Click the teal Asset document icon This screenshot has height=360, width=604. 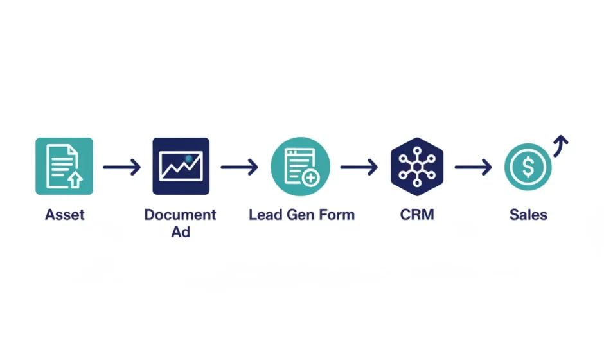click(64, 166)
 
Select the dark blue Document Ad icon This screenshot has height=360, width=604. click(181, 166)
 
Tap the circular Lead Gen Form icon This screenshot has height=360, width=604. click(301, 166)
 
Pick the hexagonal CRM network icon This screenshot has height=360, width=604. click(416, 166)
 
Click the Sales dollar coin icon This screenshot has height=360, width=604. click(528, 167)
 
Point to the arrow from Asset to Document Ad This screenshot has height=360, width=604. click(121, 168)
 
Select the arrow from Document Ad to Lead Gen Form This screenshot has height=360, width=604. click(239, 168)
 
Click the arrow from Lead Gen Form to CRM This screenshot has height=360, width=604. click(359, 168)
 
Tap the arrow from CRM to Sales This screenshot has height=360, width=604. click(473, 168)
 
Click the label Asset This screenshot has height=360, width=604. click(64, 215)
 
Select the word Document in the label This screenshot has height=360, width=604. click(181, 215)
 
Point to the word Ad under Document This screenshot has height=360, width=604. click(181, 231)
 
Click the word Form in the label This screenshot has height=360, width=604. click(337, 215)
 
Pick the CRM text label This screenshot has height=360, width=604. click(417, 215)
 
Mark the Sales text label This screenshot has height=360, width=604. click(528, 215)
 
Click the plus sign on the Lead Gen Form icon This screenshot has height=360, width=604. click(311, 178)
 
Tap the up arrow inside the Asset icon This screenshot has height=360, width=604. click(75, 179)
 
